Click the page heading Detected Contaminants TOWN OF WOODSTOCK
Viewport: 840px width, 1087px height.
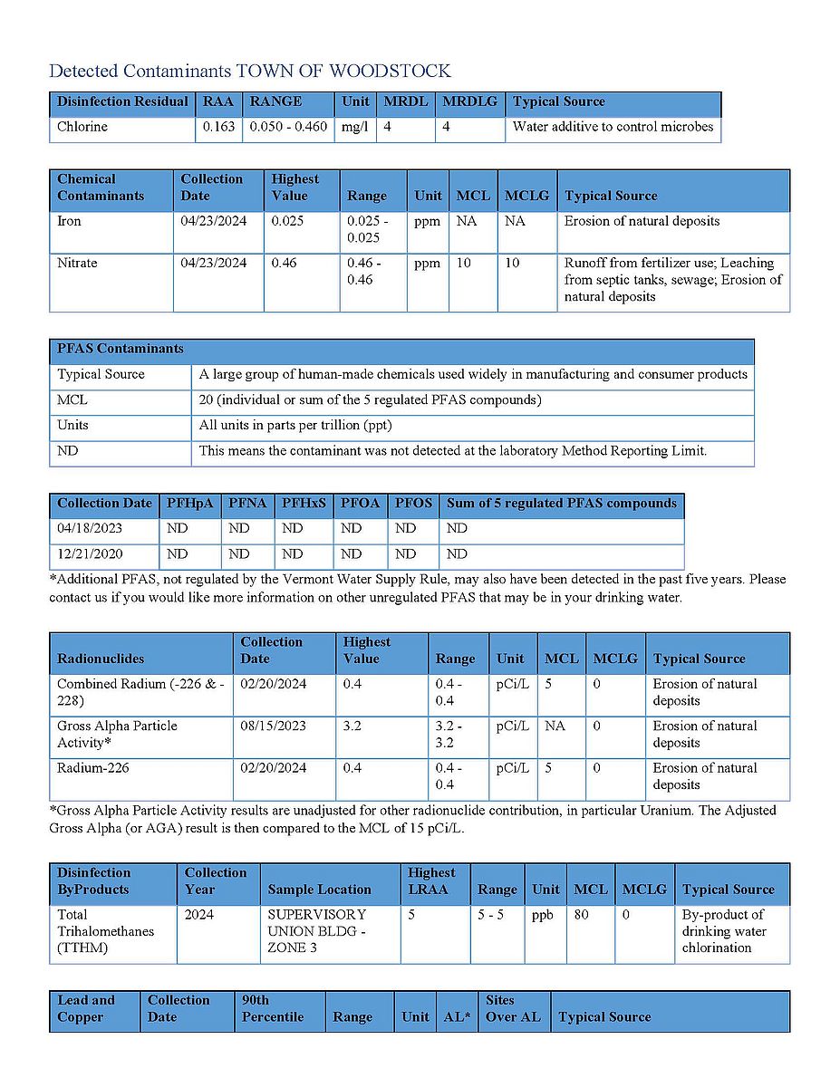(x=249, y=71)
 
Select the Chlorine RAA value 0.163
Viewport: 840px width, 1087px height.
(x=218, y=127)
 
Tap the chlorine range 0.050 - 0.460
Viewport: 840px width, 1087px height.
(x=288, y=127)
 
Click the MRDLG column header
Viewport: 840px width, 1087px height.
(x=469, y=101)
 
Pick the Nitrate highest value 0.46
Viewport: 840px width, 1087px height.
(x=284, y=264)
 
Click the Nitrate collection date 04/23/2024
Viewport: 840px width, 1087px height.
(x=214, y=264)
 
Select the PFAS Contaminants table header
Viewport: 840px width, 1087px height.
(x=121, y=349)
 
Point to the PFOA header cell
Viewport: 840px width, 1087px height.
(x=359, y=504)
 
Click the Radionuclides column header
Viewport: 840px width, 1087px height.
(x=101, y=659)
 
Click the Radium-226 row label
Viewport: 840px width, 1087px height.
(x=93, y=768)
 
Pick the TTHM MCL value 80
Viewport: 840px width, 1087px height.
(x=581, y=915)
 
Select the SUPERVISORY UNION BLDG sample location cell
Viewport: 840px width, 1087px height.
(x=317, y=931)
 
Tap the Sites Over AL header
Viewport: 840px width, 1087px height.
(x=513, y=1009)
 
